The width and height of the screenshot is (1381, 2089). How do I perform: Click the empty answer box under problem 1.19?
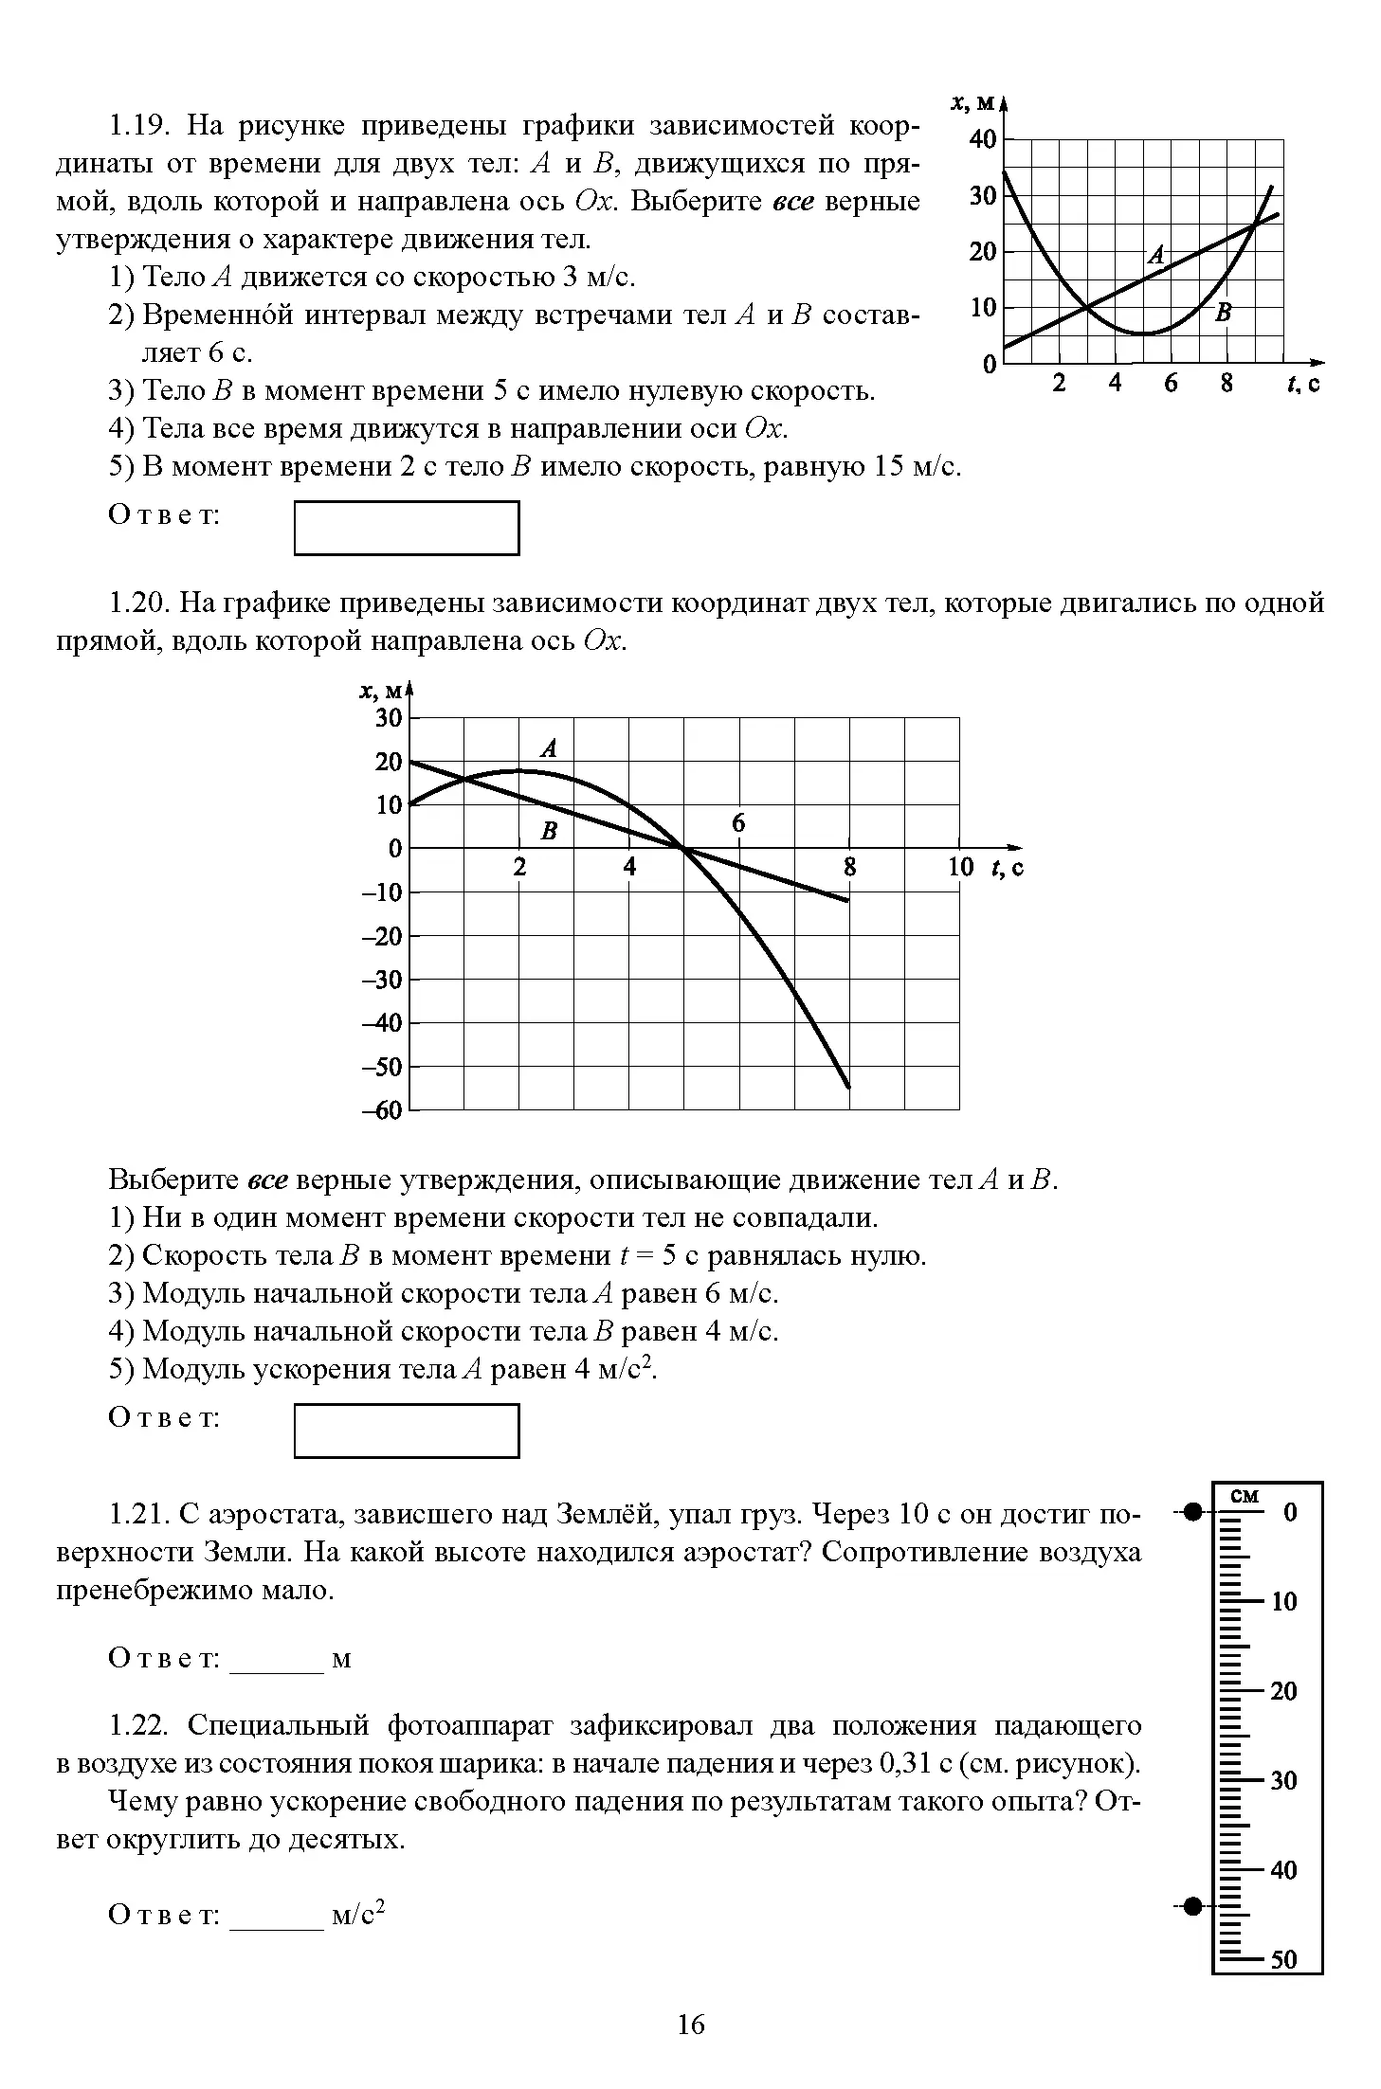[407, 528]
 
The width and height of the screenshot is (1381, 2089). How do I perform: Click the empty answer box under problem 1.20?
[407, 1431]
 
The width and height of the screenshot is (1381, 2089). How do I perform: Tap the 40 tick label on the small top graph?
[983, 140]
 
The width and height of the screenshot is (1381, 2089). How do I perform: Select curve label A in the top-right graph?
[1155, 254]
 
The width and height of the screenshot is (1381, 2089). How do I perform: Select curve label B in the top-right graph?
[1224, 312]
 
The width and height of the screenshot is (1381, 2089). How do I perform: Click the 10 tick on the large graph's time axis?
[960, 867]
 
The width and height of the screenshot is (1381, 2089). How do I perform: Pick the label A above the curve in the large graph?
[549, 749]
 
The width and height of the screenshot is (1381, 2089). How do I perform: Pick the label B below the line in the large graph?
[549, 832]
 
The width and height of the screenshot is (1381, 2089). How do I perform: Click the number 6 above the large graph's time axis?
[738, 824]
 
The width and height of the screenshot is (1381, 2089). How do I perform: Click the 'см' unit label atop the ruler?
[1245, 1496]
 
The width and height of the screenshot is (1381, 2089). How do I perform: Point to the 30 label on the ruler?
[1283, 1780]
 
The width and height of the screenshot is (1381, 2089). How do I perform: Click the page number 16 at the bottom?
[691, 2025]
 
